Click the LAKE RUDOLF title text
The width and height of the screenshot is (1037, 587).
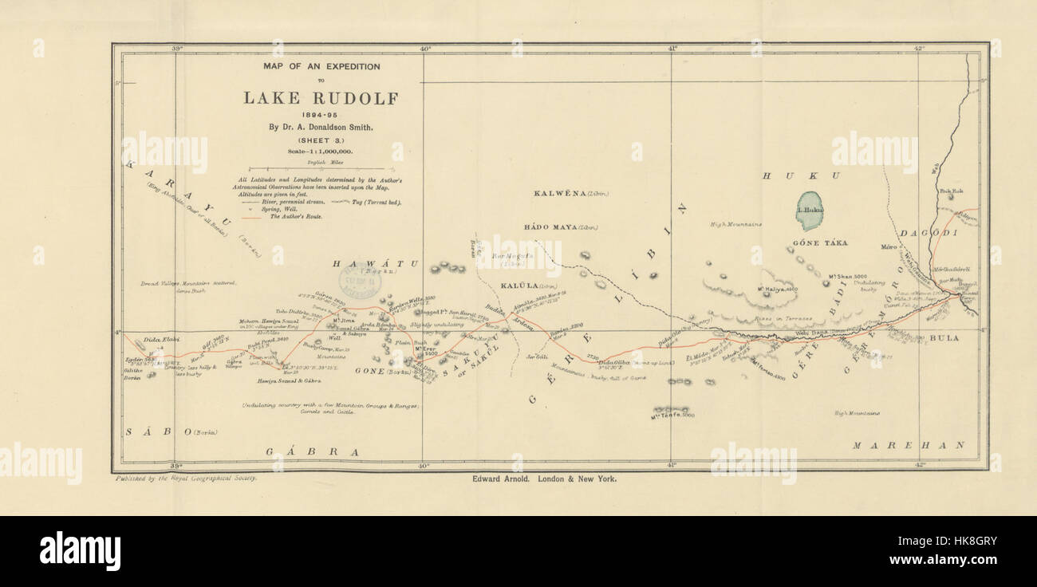click(x=320, y=98)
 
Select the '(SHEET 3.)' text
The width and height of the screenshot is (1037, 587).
click(x=320, y=139)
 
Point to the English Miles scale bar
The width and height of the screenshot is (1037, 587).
click(x=320, y=168)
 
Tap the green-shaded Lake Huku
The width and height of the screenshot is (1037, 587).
click(x=811, y=211)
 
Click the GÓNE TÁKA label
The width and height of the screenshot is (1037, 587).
click(x=819, y=242)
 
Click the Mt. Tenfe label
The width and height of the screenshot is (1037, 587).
click(x=672, y=415)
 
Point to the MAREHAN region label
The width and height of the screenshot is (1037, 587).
click(x=908, y=445)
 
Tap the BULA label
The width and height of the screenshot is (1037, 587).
click(x=944, y=338)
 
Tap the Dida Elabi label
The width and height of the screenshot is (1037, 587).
click(x=160, y=341)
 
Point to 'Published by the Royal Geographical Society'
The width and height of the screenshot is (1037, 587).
click(x=187, y=479)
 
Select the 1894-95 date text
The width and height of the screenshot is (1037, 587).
click(x=320, y=114)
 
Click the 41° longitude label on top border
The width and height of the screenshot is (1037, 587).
click(x=672, y=49)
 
